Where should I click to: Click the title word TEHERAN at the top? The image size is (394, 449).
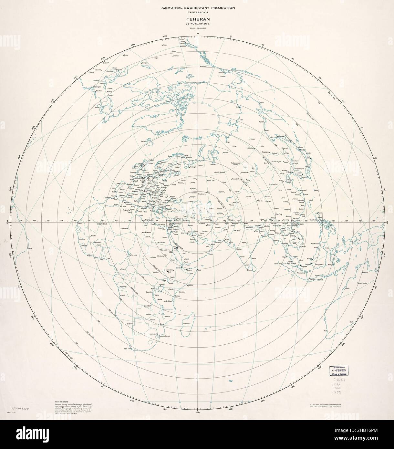pyautogui.click(x=197, y=19)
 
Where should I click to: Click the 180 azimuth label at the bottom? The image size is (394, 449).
pyautogui.click(x=197, y=412)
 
